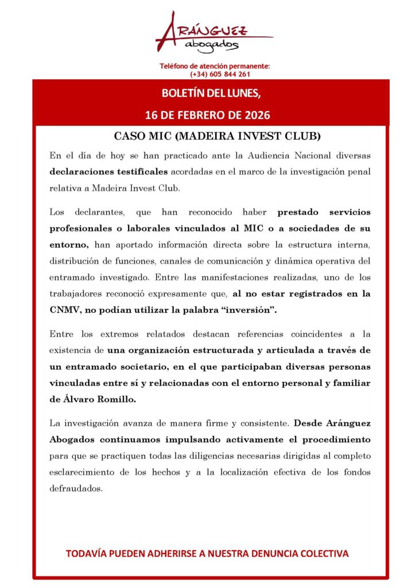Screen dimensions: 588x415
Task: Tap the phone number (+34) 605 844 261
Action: coord(220,74)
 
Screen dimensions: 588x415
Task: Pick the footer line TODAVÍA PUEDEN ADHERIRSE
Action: coord(207,554)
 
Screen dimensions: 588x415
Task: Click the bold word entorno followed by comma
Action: coord(69,245)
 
